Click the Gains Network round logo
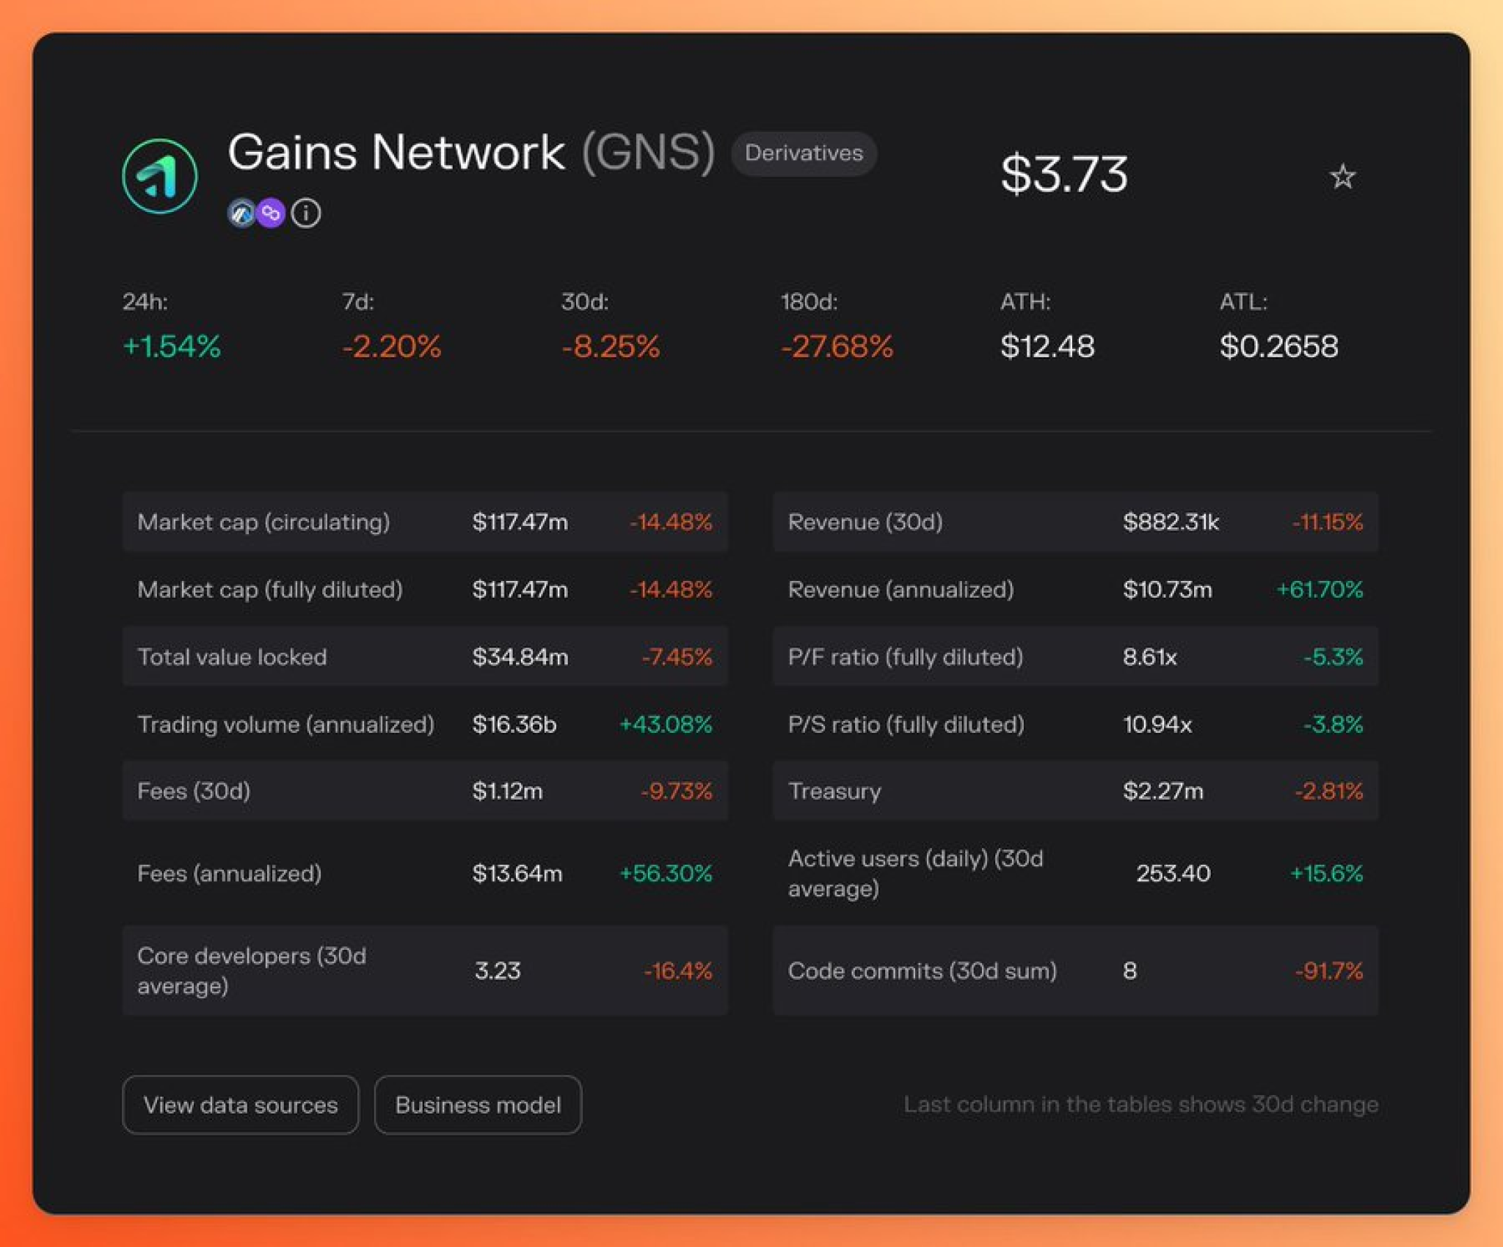159,176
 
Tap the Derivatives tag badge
804,153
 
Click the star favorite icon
1342,177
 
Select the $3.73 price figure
1063,175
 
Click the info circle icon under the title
306,213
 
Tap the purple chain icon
271,213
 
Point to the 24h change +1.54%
172,346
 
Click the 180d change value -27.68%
837,346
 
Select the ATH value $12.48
1047,346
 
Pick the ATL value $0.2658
1278,346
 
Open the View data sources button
241,1105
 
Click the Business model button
478,1105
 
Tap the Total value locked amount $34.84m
520,657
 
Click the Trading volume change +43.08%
666,724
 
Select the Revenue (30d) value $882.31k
1171,522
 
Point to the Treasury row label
834,791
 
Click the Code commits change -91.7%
1328,970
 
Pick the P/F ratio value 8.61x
1149,657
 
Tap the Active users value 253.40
1173,873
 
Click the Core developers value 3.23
498,970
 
